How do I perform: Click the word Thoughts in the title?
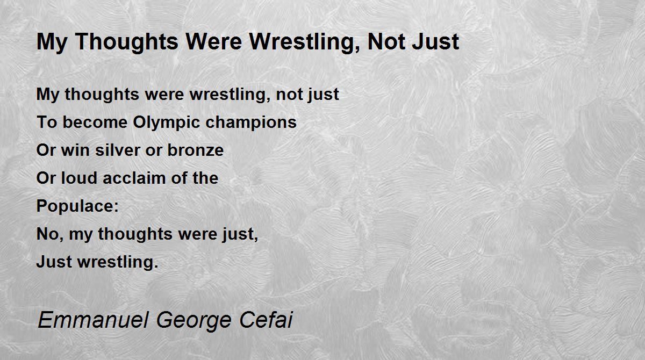(x=127, y=42)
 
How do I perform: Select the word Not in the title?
(x=386, y=41)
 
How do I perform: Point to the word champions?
(x=251, y=123)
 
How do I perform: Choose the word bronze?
(x=196, y=150)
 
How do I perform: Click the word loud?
(x=79, y=178)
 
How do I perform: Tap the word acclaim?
(x=134, y=178)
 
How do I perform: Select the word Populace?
(x=75, y=206)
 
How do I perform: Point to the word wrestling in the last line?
(x=118, y=262)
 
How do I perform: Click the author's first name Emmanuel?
(x=93, y=320)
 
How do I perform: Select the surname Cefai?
(x=266, y=320)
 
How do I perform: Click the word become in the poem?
(x=95, y=123)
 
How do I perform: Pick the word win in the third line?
(x=75, y=150)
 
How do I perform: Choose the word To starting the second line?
(x=47, y=123)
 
